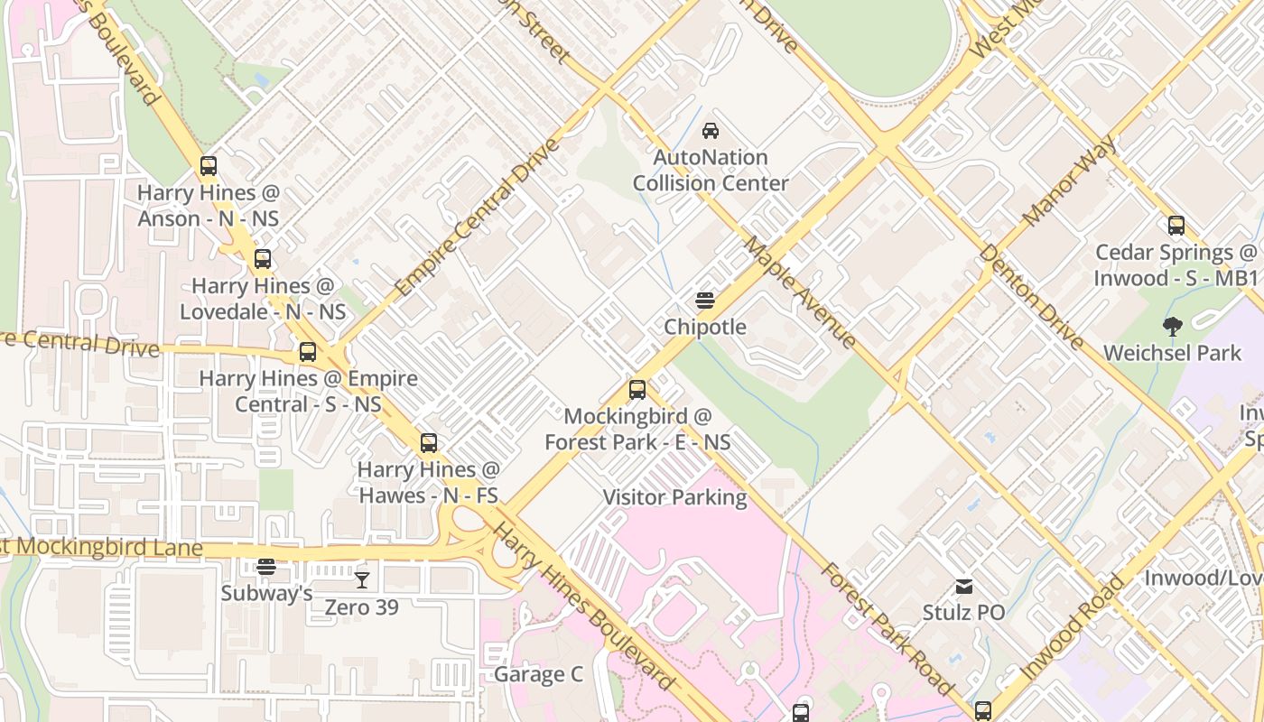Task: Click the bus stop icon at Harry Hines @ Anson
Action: click(x=209, y=166)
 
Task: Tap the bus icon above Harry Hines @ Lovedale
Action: click(x=262, y=259)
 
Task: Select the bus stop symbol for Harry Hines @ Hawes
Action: click(x=429, y=443)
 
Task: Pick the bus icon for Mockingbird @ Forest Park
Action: click(x=637, y=390)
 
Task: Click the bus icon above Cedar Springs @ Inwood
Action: click(x=1176, y=226)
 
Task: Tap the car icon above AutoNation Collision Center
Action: click(x=711, y=131)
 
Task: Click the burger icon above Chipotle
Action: click(x=705, y=300)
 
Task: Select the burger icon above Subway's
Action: click(x=265, y=567)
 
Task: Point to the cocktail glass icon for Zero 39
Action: click(x=362, y=579)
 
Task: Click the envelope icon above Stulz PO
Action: click(x=964, y=587)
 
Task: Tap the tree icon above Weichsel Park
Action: click(x=1173, y=326)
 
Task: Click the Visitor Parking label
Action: click(x=674, y=497)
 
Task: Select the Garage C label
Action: click(x=538, y=675)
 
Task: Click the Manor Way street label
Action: click(x=1070, y=181)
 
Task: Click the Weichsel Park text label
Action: click(x=1173, y=353)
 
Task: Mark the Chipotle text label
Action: click(x=705, y=327)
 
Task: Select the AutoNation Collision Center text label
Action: click(x=711, y=171)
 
